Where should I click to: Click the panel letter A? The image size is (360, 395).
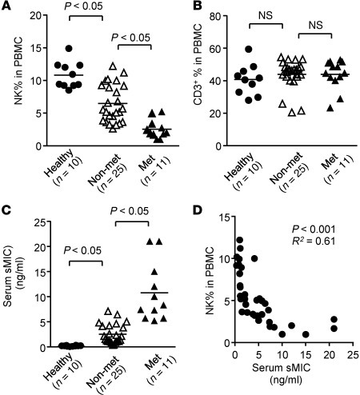[x=6, y=7]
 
